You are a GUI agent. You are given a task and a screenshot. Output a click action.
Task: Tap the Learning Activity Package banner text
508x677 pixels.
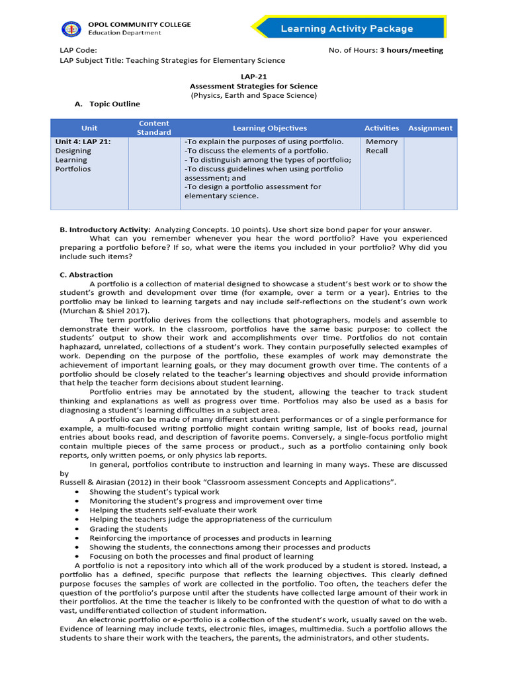[347, 28]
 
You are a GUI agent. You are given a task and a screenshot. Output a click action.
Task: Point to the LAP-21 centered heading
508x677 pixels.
[253, 76]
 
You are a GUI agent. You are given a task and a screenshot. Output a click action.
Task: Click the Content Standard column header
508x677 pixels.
[153, 128]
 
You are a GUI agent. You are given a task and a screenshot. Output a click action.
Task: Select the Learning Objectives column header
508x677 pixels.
[270, 128]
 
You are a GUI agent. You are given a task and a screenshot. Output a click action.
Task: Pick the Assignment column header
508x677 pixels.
[430, 128]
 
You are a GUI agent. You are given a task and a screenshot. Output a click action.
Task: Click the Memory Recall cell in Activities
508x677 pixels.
[382, 146]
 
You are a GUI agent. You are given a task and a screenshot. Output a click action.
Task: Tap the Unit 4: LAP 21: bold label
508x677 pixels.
[83, 141]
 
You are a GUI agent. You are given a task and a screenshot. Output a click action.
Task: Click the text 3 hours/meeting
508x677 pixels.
[411, 50]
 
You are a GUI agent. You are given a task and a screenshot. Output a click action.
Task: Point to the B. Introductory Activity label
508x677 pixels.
[105, 229]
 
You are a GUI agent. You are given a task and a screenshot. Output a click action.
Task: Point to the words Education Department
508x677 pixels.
[124, 33]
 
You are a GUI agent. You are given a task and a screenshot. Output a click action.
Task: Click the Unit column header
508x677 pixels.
[89, 128]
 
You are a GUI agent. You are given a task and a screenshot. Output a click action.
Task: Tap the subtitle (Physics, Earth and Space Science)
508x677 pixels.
[254, 95]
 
